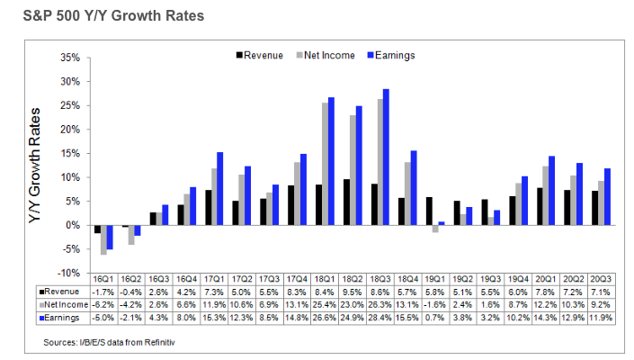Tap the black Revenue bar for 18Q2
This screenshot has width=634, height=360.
point(346,202)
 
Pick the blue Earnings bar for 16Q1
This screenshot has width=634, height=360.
point(110,237)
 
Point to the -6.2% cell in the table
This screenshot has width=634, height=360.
point(103,305)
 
